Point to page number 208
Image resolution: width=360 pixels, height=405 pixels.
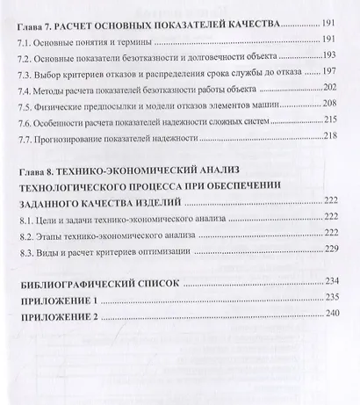point(332,104)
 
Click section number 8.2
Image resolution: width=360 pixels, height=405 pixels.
point(26,234)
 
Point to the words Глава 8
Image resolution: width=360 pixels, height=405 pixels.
point(39,169)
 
